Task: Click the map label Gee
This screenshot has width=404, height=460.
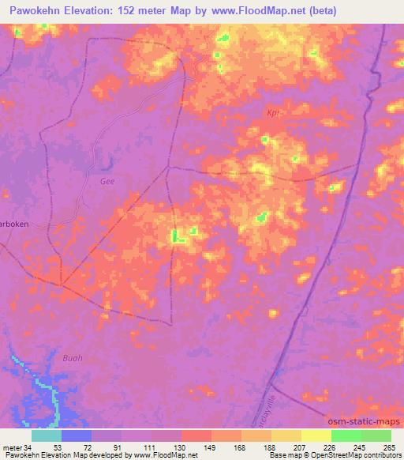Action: (107, 181)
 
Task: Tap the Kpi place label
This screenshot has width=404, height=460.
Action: (273, 113)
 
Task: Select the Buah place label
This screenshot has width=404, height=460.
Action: (72, 357)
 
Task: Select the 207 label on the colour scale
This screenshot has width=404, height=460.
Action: (301, 447)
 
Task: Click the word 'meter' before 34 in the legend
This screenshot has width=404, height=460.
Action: (12, 447)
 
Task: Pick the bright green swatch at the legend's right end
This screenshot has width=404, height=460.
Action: (376, 435)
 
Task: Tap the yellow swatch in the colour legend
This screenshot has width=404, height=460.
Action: (316, 435)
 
